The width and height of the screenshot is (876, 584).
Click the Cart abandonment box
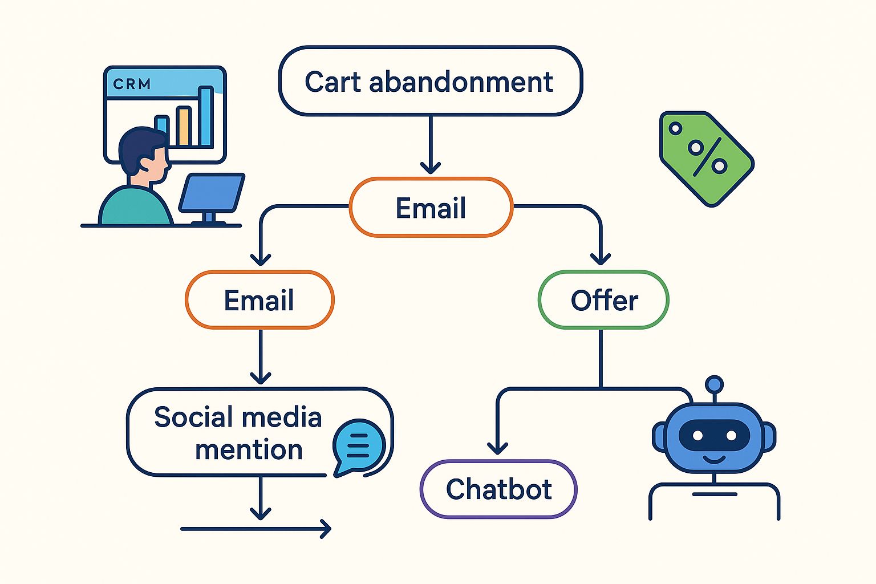(x=430, y=82)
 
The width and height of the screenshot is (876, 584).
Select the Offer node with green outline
(x=603, y=300)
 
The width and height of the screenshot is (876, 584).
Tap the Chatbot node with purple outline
(x=498, y=489)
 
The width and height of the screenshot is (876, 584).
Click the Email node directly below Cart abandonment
(x=431, y=208)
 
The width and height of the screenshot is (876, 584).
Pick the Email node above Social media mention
(x=259, y=300)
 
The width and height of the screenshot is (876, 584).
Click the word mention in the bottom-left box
(x=249, y=450)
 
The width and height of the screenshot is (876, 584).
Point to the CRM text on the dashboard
(x=132, y=84)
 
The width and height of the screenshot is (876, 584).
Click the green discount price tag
(x=706, y=158)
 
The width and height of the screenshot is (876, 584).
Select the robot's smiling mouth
(x=714, y=459)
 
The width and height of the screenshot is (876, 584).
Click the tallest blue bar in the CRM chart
(x=206, y=117)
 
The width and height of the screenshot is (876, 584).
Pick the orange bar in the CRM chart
(x=183, y=126)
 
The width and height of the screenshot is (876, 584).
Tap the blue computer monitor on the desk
(x=212, y=192)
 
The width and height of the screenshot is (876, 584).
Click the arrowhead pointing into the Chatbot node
(x=497, y=448)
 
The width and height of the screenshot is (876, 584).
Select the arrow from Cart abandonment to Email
(x=431, y=145)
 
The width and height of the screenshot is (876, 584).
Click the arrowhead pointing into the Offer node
(x=601, y=259)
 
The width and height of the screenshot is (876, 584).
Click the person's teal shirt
(x=135, y=208)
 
